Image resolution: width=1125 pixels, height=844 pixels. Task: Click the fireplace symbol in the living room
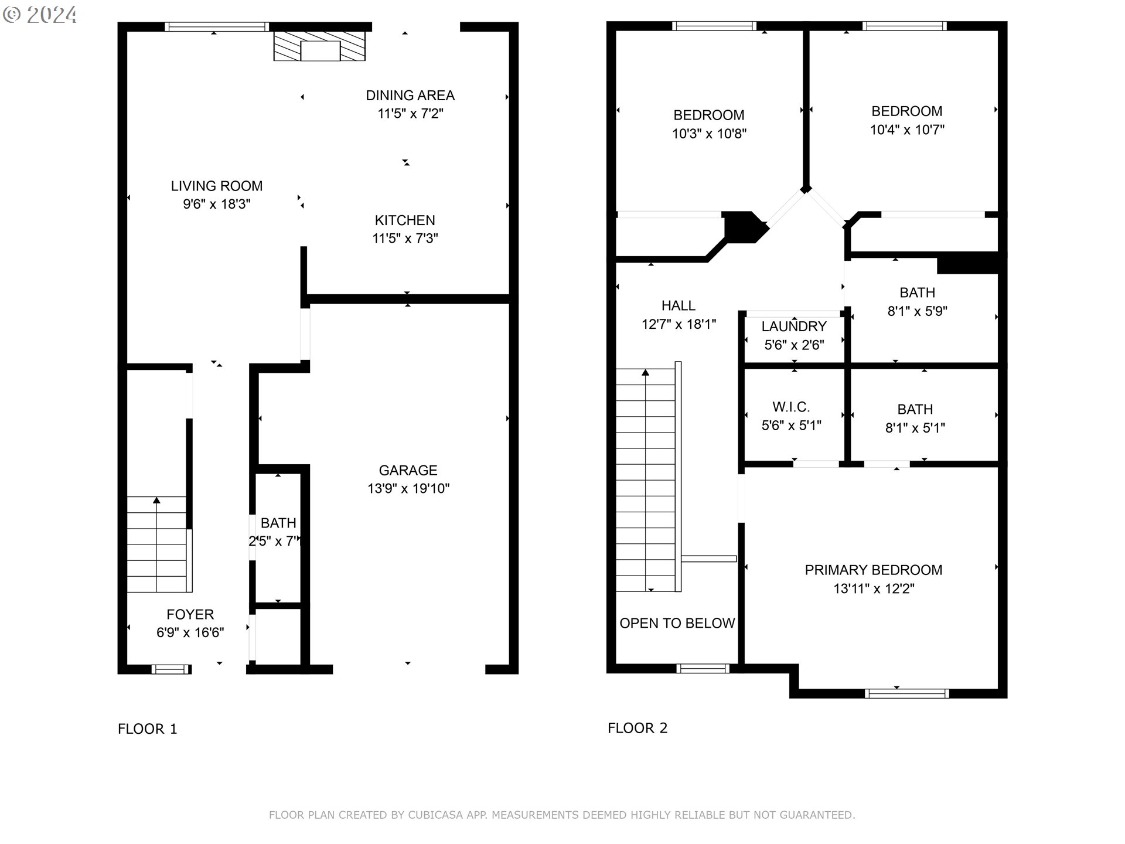(x=319, y=46)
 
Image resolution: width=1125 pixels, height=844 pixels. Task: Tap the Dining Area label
(x=410, y=96)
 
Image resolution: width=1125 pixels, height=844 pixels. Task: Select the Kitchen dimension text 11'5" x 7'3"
(x=405, y=239)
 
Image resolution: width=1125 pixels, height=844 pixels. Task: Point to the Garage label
(x=408, y=470)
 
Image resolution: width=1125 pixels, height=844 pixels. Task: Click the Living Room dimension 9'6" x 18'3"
(x=217, y=204)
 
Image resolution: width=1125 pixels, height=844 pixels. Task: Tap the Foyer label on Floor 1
(x=190, y=614)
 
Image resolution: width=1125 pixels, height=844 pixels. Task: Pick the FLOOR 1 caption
(x=147, y=729)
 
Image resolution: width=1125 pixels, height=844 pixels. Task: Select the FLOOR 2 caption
(x=637, y=728)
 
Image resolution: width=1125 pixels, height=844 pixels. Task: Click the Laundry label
(x=794, y=326)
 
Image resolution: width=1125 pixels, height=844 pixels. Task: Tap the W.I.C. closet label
(x=791, y=407)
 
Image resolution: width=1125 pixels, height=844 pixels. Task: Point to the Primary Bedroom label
(x=874, y=570)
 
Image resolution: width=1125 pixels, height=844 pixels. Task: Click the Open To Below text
(x=677, y=623)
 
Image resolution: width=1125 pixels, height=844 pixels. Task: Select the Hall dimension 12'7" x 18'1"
(x=679, y=324)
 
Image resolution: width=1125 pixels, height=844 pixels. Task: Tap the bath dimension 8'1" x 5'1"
(x=915, y=428)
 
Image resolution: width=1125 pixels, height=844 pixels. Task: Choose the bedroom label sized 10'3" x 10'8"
(x=709, y=115)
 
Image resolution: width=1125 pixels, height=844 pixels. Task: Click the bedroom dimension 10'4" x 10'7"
(x=907, y=130)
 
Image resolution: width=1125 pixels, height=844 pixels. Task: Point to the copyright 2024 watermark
(x=40, y=15)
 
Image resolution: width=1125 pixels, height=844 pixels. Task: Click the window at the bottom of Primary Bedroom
(x=907, y=693)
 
